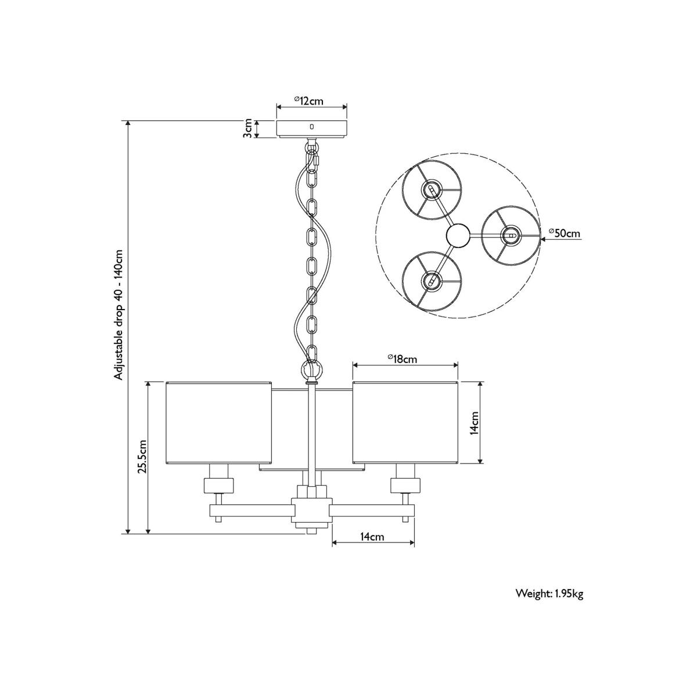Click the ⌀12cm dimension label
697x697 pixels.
click(308, 100)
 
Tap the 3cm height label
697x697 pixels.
click(247, 129)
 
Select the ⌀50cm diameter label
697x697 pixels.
click(564, 233)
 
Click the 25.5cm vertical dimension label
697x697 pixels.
click(142, 457)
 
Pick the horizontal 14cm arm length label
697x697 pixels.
click(372, 547)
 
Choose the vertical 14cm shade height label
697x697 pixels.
click(475, 423)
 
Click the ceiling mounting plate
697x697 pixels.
click(312, 129)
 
